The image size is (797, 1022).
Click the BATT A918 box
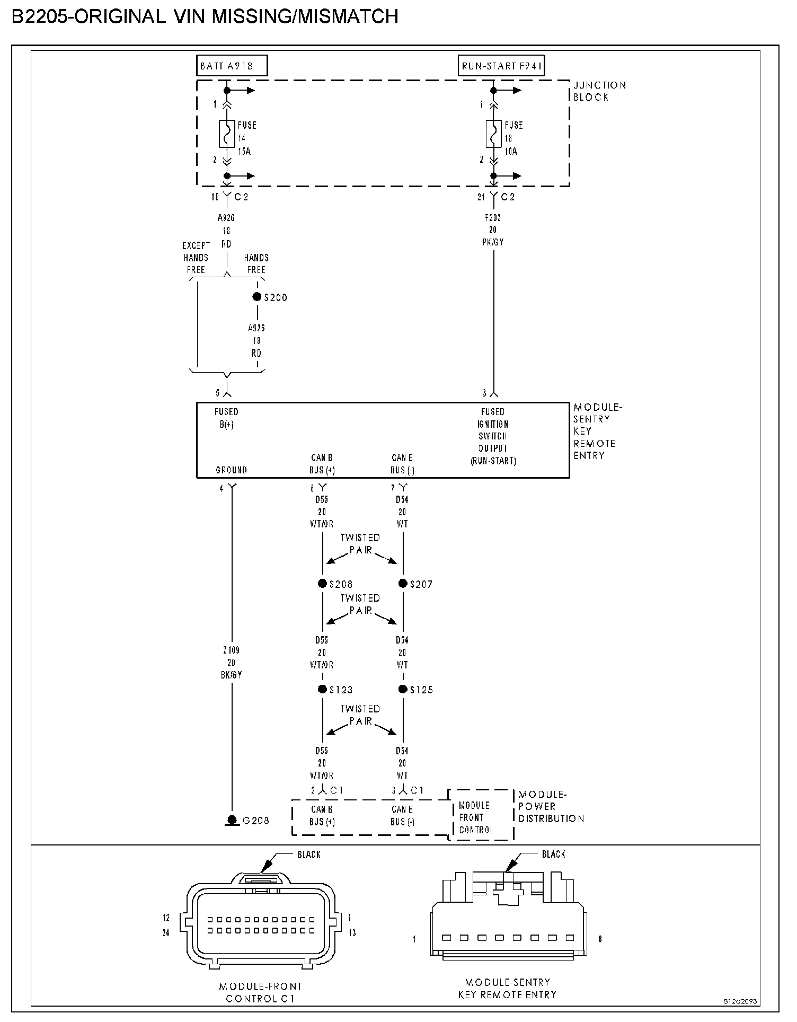click(x=232, y=66)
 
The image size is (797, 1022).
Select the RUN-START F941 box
click(x=501, y=66)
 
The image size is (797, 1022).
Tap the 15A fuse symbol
click(x=227, y=134)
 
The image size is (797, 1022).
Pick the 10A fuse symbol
click(x=493, y=134)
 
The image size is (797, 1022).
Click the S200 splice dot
click(x=257, y=297)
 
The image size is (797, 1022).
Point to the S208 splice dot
click(x=322, y=584)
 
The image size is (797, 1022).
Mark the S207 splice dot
click(x=403, y=584)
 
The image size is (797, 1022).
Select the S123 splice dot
click(x=322, y=689)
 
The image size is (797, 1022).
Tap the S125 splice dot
click(x=403, y=689)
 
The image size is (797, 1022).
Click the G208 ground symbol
click(x=232, y=820)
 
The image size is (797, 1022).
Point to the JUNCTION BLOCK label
click(x=599, y=91)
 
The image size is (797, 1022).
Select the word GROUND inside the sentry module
click(x=232, y=470)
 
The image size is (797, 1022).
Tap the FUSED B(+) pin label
click(x=226, y=418)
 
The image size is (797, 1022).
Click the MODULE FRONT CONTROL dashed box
click(x=481, y=817)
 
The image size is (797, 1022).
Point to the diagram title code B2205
click(x=40, y=17)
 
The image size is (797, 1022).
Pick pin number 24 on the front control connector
click(x=166, y=933)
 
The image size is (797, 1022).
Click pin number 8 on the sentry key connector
click(x=600, y=939)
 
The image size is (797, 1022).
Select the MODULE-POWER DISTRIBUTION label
click(x=551, y=806)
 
